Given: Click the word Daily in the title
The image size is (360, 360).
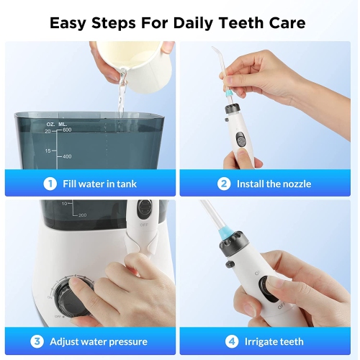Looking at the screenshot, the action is pos(193,23).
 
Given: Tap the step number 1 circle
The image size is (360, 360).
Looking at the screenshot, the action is pos(50,184).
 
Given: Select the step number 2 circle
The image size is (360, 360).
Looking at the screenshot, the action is pos(224,184).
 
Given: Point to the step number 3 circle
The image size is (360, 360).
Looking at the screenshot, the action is pos(37,341).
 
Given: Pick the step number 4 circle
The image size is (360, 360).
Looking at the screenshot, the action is pos(232,341).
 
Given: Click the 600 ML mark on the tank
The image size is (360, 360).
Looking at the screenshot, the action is pos(67,130).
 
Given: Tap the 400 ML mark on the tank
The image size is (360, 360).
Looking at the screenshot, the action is pos(67,156).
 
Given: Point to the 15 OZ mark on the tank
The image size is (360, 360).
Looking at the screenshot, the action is pos(48,151).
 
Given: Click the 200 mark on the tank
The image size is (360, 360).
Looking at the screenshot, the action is pos(82,215).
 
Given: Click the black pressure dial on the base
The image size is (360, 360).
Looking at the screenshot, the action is pos(72,297).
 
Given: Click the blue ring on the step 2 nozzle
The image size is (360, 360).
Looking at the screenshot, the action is pos(230,92).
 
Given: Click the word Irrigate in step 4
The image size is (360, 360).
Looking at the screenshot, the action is pos(260,342).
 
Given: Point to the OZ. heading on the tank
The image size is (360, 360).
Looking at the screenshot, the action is pos(50,125).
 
